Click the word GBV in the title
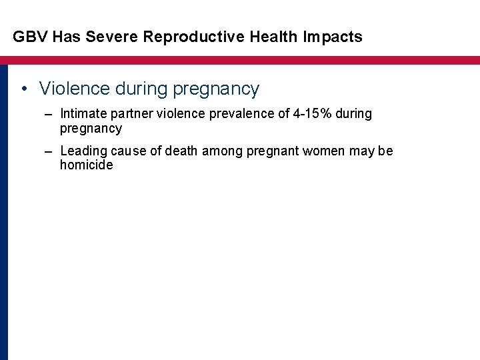pos(28,37)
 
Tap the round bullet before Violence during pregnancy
pos(24,89)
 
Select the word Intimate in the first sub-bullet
pos(82,114)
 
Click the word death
pos(179,151)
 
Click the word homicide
pos(86,165)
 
